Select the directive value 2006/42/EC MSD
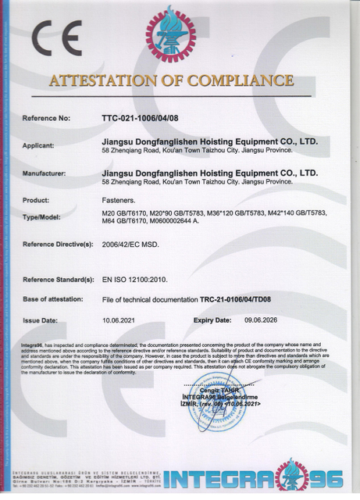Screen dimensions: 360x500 tap(131, 245)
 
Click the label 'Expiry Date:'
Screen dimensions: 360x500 tap(212, 320)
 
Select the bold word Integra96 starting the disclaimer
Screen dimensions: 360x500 tap(33, 344)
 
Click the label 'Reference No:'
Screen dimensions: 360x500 tap(46, 118)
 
